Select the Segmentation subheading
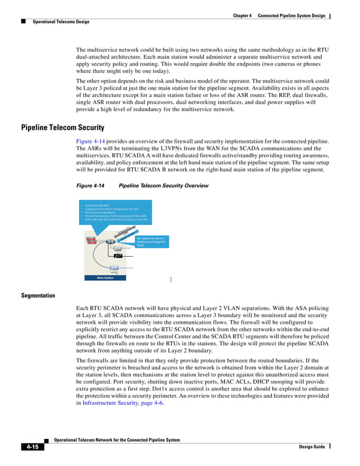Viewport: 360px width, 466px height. [38, 295]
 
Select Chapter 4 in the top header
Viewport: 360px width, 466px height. [242, 15]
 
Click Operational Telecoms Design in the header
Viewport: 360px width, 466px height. [61, 22]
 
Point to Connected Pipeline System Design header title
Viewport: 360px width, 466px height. [291, 15]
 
